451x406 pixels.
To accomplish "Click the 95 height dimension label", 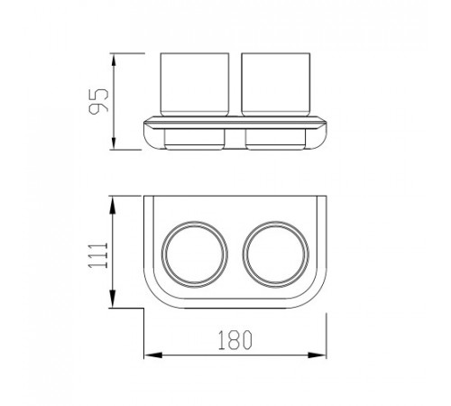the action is [x=98, y=101].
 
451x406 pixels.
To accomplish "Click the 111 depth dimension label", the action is [x=97, y=255].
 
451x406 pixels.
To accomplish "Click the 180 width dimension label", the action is [x=235, y=340].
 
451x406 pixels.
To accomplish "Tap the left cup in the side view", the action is [x=195, y=85].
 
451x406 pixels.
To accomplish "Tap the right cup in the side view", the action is [x=276, y=85].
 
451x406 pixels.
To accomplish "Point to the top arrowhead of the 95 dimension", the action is [x=114, y=60].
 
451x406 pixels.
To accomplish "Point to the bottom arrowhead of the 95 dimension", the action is [x=114, y=143].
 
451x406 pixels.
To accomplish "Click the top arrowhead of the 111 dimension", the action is [x=113, y=205].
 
